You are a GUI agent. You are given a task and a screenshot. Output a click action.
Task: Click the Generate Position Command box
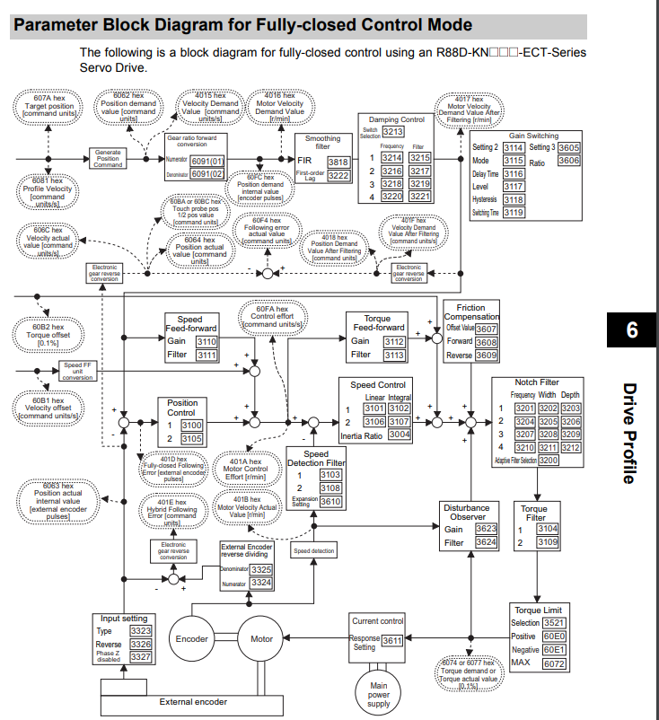tap(108, 158)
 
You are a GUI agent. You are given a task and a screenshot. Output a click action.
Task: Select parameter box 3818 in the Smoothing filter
tap(338, 162)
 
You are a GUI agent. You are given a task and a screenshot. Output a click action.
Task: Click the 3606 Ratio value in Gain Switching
tap(568, 161)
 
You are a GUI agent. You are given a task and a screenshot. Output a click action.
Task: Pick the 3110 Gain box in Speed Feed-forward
tap(206, 341)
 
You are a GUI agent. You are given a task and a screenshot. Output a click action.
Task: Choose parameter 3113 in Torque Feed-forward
tap(394, 356)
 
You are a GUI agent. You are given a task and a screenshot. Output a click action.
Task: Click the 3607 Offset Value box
tap(486, 329)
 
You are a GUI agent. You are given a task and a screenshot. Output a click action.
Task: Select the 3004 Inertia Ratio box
tap(400, 435)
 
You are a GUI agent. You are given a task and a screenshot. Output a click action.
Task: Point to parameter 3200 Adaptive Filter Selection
tap(549, 460)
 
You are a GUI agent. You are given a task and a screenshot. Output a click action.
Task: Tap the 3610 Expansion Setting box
tap(330, 502)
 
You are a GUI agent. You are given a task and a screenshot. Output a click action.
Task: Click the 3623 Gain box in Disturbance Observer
tap(486, 529)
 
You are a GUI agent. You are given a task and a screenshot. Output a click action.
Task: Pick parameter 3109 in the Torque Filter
tap(548, 542)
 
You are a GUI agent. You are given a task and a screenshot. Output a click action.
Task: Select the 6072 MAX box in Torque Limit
tap(554, 663)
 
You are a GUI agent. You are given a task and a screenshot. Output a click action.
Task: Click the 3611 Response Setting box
tap(391, 641)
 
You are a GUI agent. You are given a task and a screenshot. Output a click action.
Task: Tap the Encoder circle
tap(193, 639)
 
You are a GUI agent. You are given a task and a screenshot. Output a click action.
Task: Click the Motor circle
tap(261, 639)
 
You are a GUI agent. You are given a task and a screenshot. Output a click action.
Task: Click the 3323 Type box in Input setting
tap(140, 631)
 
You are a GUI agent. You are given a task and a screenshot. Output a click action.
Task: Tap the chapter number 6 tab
tap(631, 330)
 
